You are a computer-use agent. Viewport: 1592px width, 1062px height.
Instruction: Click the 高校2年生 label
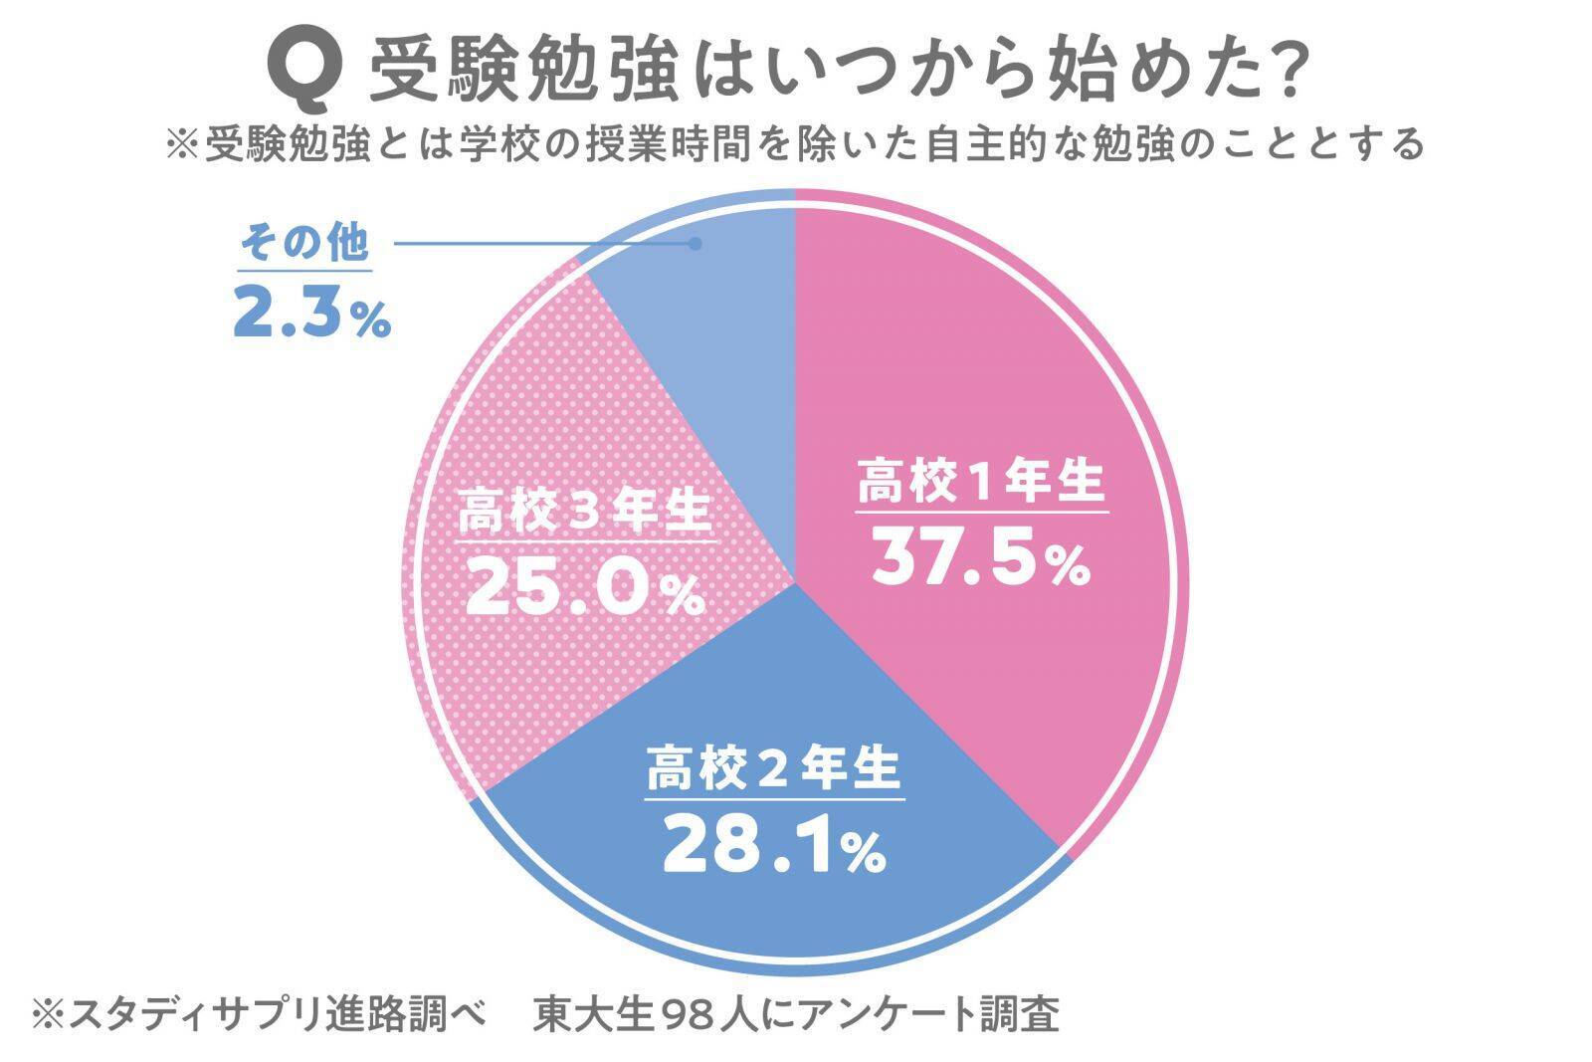pos(774,769)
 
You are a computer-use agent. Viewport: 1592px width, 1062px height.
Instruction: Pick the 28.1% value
pos(774,845)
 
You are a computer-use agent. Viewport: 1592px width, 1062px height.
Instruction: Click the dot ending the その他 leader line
pos(696,243)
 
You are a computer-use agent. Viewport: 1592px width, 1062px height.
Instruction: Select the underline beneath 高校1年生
pos(981,512)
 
